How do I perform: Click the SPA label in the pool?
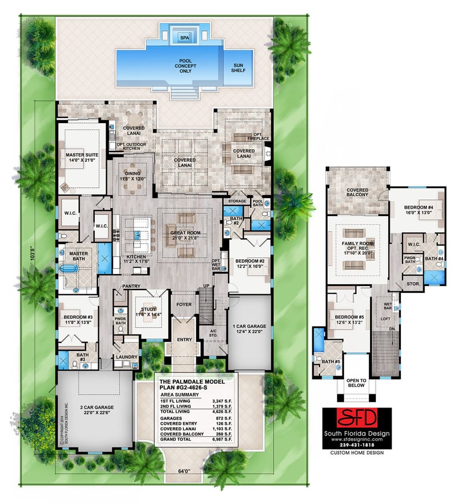pos(184,38)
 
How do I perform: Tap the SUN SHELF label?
pos(238,68)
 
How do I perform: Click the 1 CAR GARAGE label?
pos(249,328)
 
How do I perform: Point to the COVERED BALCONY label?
pos(357,193)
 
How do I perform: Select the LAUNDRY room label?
pos(127,357)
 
